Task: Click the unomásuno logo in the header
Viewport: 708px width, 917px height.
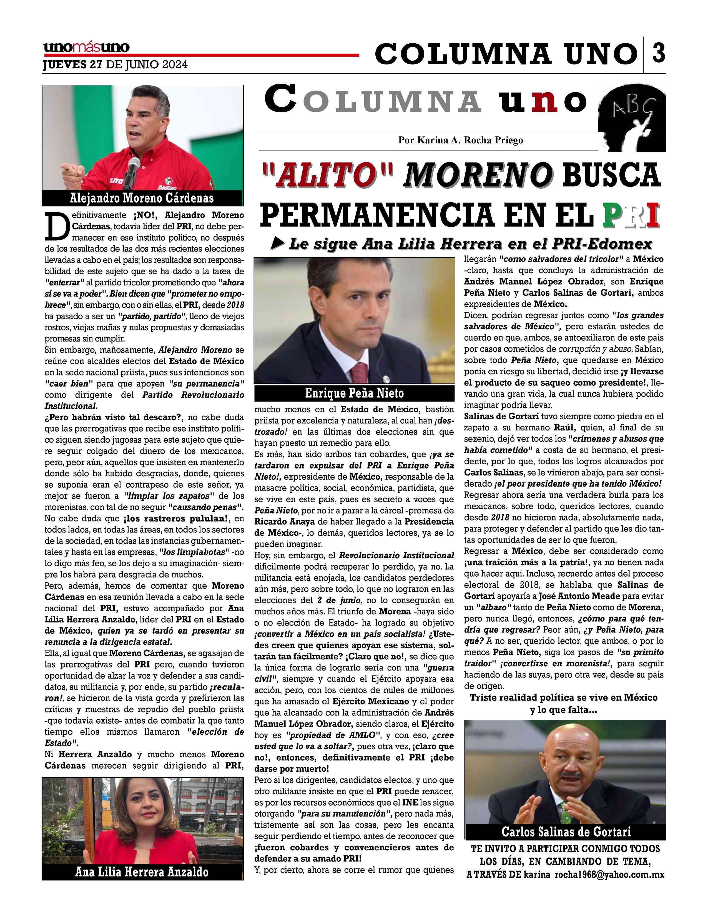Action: pos(86,48)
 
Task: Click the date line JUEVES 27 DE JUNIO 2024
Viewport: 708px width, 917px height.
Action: pos(115,65)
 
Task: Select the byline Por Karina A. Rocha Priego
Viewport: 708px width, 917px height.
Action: pos(461,140)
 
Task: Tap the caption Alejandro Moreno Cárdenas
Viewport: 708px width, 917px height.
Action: pos(142,198)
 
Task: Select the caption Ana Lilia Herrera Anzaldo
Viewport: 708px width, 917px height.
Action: pos(142,872)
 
